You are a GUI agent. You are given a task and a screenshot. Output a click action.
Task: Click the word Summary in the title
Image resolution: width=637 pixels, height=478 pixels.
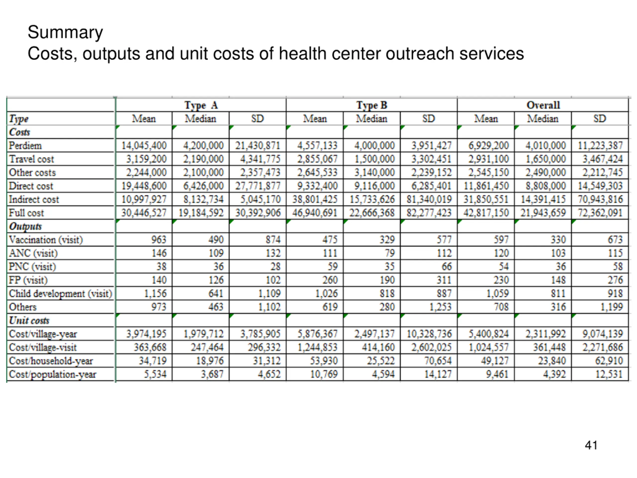[65, 32]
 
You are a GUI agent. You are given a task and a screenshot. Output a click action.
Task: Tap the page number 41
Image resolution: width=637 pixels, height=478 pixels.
[591, 445]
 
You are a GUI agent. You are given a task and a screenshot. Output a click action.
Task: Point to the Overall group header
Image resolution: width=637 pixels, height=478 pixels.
[543, 105]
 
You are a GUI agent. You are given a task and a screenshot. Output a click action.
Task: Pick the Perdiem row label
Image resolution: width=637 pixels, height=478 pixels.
[25, 145]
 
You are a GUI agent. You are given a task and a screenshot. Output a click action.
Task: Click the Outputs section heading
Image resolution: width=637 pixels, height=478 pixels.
[25, 227]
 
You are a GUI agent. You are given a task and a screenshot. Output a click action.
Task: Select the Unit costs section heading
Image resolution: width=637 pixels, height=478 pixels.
[29, 320]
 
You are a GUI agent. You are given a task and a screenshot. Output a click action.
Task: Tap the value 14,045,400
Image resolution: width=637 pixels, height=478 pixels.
[144, 145]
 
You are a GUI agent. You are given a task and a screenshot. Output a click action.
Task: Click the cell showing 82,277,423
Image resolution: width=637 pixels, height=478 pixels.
[429, 213]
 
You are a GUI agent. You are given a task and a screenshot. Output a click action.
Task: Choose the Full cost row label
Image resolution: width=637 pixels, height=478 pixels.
[26, 213]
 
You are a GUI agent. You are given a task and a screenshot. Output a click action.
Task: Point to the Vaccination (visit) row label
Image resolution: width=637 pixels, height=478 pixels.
[46, 240]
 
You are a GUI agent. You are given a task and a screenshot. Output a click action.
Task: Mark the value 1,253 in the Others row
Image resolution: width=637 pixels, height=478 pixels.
[440, 307]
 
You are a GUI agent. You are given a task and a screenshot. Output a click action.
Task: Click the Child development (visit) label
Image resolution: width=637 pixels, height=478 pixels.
[60, 294]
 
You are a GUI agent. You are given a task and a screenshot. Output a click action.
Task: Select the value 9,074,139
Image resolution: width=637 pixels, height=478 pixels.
[603, 334]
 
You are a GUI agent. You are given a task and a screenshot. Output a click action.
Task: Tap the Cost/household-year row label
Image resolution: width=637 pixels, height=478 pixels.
[51, 361]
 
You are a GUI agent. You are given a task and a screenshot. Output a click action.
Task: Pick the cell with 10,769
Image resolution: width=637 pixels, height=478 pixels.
[324, 374]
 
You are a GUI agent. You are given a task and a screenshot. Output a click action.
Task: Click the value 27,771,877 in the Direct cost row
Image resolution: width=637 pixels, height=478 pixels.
[258, 186]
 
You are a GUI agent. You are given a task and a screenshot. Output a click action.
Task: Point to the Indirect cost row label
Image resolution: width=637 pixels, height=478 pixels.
[34, 199]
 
